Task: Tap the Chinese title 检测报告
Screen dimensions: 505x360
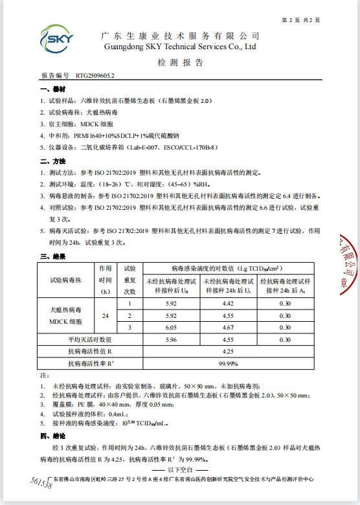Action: (x=180, y=63)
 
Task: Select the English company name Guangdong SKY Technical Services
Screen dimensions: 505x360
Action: (x=180, y=47)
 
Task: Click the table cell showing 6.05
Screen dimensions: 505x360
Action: (x=171, y=328)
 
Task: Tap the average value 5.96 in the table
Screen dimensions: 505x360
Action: (x=171, y=339)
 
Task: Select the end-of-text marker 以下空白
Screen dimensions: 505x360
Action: (x=180, y=469)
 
